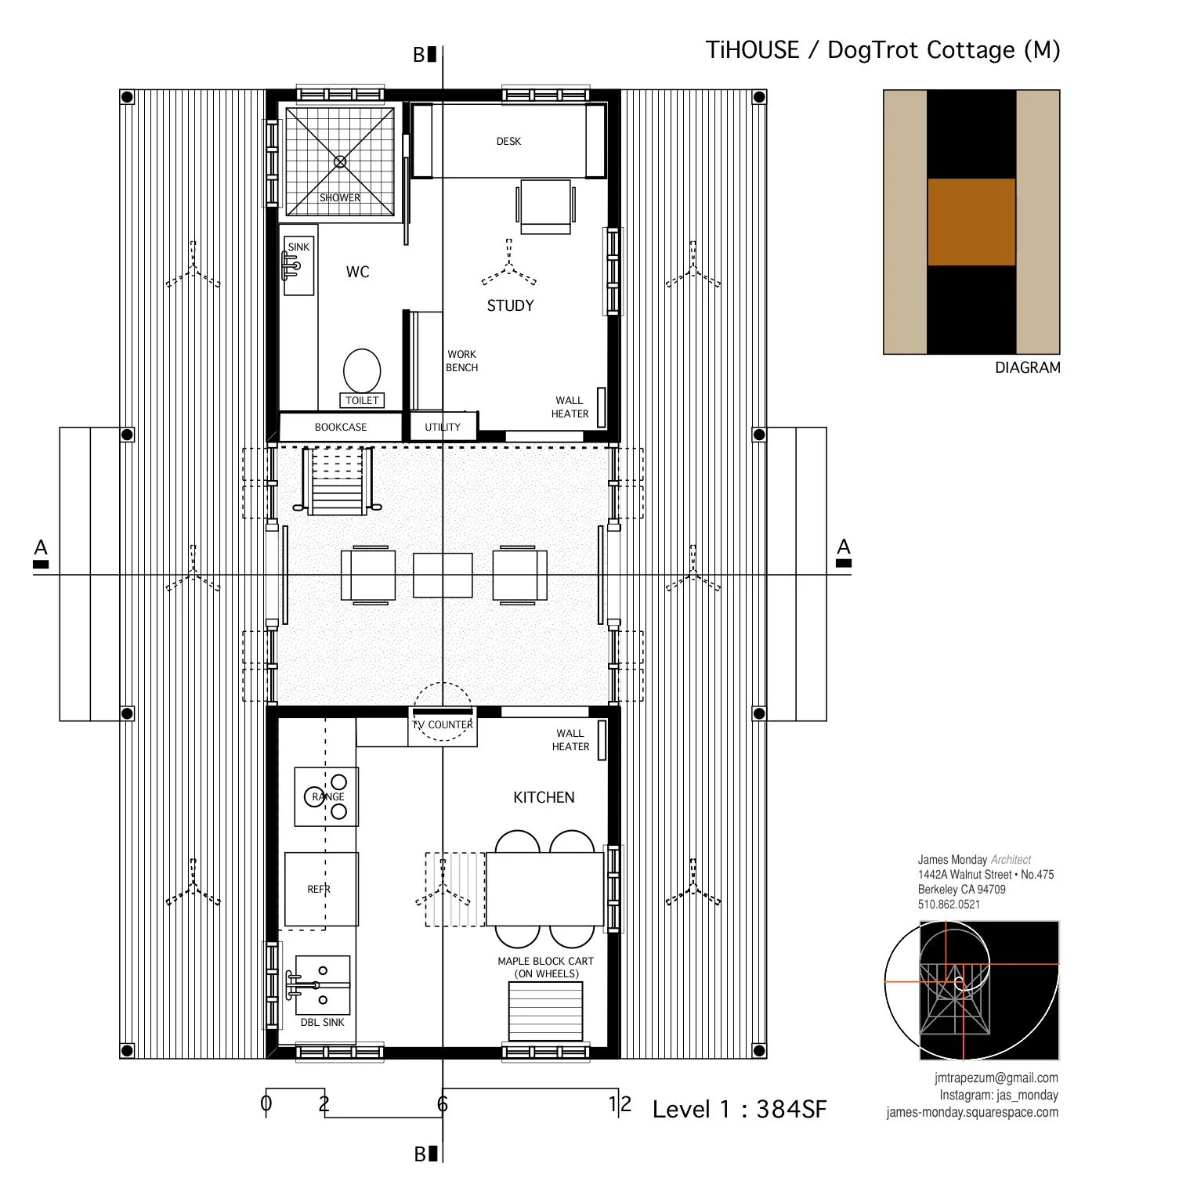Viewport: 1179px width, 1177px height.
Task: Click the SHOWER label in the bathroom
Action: (x=340, y=198)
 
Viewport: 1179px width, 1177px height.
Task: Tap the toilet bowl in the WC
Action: (x=362, y=370)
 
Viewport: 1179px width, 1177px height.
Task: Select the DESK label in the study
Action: (x=508, y=142)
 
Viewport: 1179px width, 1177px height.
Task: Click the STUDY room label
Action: (x=510, y=306)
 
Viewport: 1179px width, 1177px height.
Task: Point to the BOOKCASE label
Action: (x=341, y=428)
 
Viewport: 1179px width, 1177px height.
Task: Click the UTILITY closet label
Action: (x=443, y=428)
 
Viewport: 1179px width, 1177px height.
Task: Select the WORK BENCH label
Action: (x=462, y=361)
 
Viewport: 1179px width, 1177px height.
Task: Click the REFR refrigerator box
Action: (x=320, y=890)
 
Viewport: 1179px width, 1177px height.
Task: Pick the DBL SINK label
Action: (x=323, y=1023)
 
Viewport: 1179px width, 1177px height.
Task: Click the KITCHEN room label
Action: (x=544, y=798)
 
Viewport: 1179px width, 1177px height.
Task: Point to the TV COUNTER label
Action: (x=443, y=725)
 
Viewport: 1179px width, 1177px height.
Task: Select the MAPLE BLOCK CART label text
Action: (x=546, y=962)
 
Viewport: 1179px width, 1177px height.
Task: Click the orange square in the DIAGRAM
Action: (x=971, y=222)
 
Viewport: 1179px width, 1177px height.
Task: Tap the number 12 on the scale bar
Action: (x=620, y=1105)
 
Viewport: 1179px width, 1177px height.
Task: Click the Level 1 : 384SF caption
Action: (x=739, y=1110)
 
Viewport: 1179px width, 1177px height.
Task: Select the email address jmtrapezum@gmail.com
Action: (x=996, y=1078)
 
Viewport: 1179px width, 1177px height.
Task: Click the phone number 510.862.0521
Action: (x=949, y=904)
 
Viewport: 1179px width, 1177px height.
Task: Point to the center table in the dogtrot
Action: (x=443, y=576)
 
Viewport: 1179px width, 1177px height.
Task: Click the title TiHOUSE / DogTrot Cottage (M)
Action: (x=883, y=50)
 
